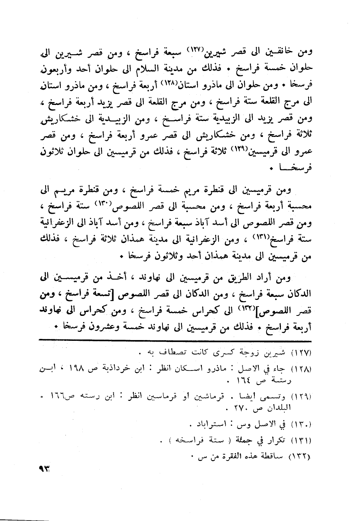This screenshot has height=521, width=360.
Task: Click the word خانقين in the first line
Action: coord(279,51)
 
